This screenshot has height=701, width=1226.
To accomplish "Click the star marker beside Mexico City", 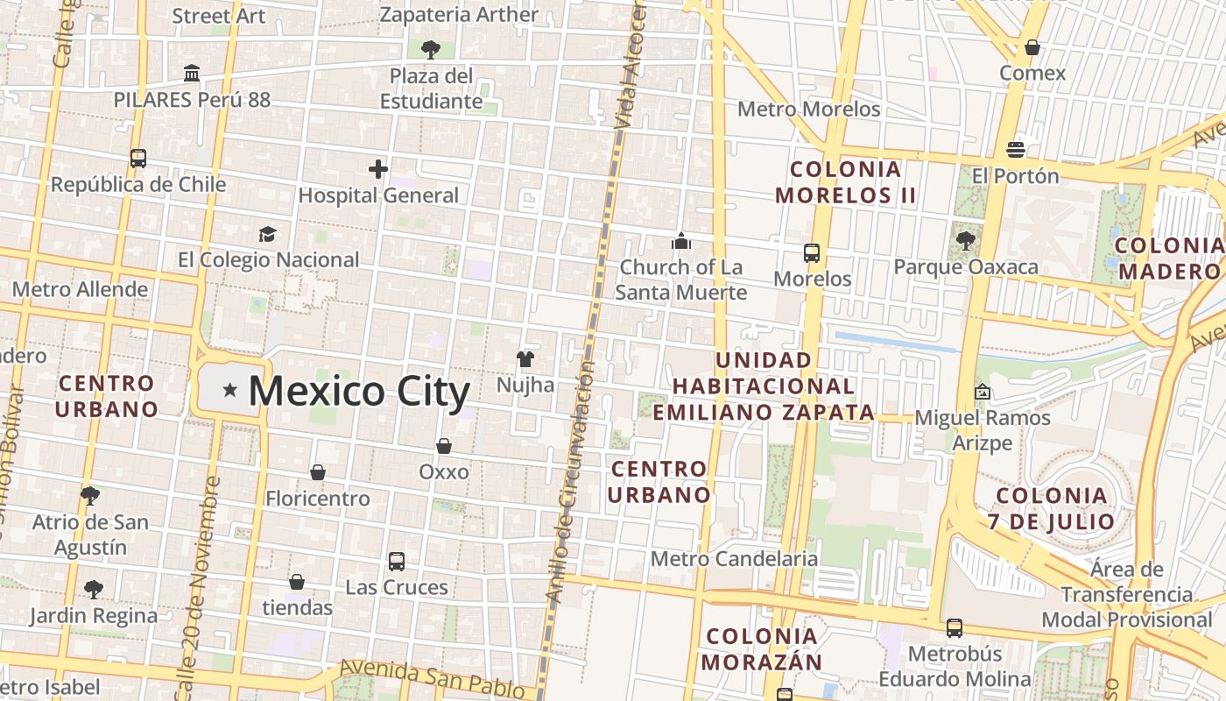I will [x=229, y=390].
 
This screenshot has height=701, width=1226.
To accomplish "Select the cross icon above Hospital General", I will [x=378, y=169].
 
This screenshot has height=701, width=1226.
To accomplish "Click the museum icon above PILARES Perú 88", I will [x=192, y=73].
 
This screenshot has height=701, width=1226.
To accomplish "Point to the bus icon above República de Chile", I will [x=138, y=159].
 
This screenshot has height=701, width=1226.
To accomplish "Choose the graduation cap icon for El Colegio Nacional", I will [x=267, y=234].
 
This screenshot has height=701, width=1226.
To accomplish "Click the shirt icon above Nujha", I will [x=525, y=358].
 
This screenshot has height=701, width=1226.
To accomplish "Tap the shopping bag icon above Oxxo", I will [x=444, y=446].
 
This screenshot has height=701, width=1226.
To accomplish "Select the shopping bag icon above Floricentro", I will [x=318, y=472].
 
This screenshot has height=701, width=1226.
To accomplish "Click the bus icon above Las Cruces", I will [x=397, y=561].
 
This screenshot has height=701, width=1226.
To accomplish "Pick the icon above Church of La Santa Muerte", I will [x=681, y=241].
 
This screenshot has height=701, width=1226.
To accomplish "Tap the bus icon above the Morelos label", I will [x=812, y=253].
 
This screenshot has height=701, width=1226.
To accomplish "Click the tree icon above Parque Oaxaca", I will [x=966, y=240].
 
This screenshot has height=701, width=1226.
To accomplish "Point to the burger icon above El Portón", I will [x=1016, y=150].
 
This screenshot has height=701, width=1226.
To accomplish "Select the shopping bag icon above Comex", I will [x=1032, y=47].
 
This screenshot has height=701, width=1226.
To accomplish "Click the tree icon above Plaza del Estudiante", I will [x=430, y=49].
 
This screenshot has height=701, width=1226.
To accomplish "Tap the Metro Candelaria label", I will [x=734, y=558].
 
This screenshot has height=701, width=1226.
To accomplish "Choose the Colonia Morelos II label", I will [x=845, y=181].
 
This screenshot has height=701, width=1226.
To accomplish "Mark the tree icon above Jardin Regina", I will [x=94, y=589].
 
